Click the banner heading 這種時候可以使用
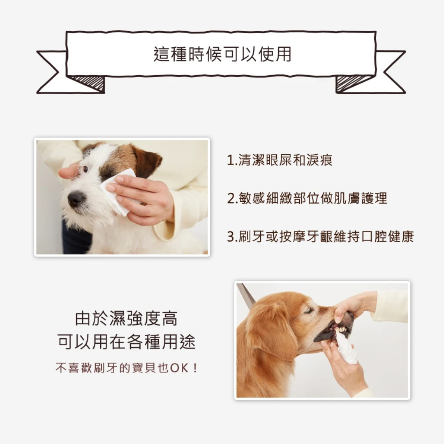point(222,54)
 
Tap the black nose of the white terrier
point(76,199)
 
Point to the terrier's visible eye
point(85,169)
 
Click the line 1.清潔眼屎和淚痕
point(280,160)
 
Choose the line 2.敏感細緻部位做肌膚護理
point(307,198)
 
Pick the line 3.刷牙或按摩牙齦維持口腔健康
point(321,237)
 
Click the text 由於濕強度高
point(126,319)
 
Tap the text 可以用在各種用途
point(126,342)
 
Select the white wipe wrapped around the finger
point(346,349)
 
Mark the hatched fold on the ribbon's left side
point(88,83)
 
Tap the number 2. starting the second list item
point(232,199)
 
